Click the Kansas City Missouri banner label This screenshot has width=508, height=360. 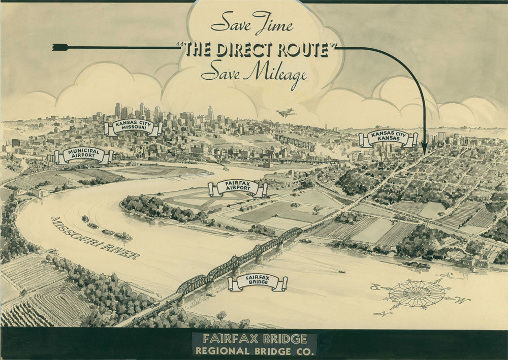[133, 127]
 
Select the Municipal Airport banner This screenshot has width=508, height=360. [84, 155]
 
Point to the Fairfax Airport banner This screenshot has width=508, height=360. [238, 188]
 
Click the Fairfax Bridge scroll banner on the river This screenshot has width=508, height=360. [258, 282]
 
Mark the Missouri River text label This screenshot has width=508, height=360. [94, 238]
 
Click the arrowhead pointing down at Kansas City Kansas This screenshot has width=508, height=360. [424, 149]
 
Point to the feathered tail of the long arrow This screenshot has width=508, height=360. [60, 47]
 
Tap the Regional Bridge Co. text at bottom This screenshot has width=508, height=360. [254, 350]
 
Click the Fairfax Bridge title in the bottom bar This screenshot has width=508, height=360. [254, 339]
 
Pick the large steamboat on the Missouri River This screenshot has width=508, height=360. [123, 236]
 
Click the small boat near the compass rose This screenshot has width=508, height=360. [341, 272]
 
